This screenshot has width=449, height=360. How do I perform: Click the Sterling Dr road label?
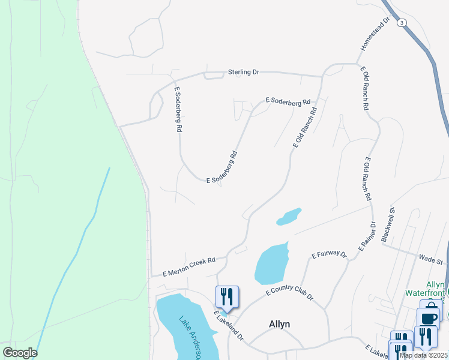coord(243,72)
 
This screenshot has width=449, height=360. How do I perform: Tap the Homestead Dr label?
coord(375,34)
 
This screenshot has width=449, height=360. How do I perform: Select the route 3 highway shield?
coord(402,22)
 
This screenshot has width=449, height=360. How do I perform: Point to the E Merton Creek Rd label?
coord(189,267)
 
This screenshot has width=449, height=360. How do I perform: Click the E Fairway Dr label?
coord(329,254)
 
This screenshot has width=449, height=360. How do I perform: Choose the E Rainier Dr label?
coord(367,236)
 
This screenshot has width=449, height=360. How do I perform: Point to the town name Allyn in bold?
coord(279,324)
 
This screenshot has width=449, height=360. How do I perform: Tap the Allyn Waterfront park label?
coord(435,289)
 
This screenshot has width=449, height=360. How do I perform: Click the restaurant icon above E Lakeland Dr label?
coord(227,296)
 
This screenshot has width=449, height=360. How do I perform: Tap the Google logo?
coord(20,353)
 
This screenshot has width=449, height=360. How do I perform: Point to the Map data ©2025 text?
coord(423,355)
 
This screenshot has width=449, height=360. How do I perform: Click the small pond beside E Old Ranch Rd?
coord(289,217)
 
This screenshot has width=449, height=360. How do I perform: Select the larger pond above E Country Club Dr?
coord(271,264)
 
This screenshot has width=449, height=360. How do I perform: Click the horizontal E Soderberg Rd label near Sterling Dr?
coord(288,103)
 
